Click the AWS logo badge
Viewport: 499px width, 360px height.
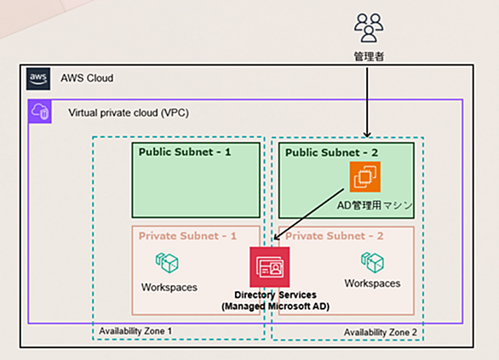pos(38,78)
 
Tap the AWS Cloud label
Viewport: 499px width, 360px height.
pos(87,78)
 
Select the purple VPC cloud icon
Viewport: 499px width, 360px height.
pos(40,111)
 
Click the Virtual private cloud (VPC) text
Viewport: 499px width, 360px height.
pos(129,113)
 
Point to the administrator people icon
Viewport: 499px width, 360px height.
pos(369,28)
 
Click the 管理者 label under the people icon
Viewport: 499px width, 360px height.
pos(370,57)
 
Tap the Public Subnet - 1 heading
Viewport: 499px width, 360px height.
pos(185,151)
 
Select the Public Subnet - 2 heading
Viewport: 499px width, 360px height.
pos(331,152)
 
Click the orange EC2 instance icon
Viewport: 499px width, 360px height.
pos(365,177)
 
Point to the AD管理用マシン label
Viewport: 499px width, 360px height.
pos(375,205)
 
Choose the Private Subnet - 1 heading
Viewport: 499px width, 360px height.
pos(187,236)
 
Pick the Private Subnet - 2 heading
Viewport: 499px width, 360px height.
pos(334,236)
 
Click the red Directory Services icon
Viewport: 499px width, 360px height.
pos(270,267)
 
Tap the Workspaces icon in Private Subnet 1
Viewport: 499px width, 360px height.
pos(167,263)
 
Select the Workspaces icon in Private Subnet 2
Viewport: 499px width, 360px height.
pos(372,263)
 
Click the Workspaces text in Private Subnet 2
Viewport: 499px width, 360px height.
pos(372,283)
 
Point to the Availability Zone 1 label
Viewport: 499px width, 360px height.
pos(135,331)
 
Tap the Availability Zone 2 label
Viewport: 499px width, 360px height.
pos(381,332)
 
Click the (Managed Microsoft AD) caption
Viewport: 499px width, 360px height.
pos(276,306)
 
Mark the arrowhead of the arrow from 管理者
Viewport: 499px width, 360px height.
pos(367,135)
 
